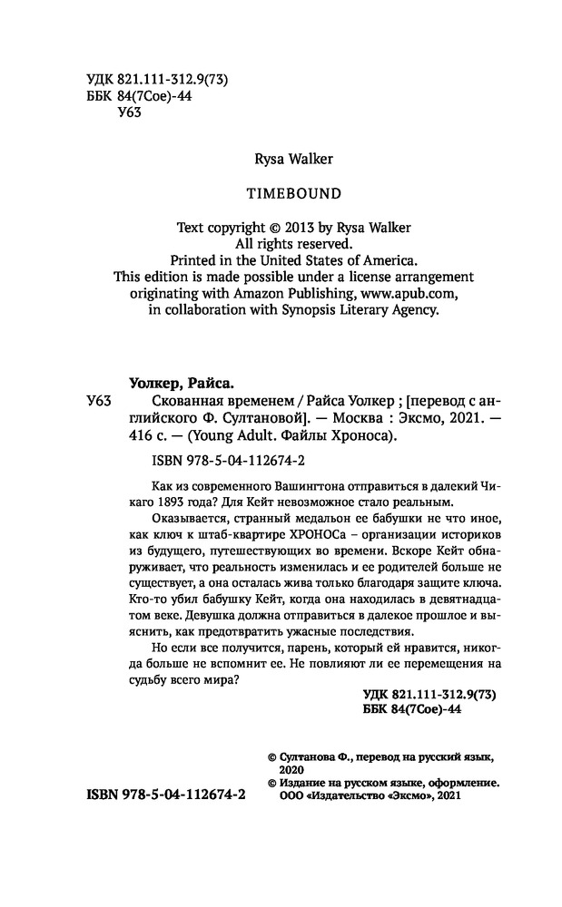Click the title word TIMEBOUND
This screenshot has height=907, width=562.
pyautogui.click(x=281, y=192)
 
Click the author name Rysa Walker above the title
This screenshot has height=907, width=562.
pyautogui.click(x=281, y=160)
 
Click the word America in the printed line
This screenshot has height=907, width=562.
pyautogui.click(x=383, y=259)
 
